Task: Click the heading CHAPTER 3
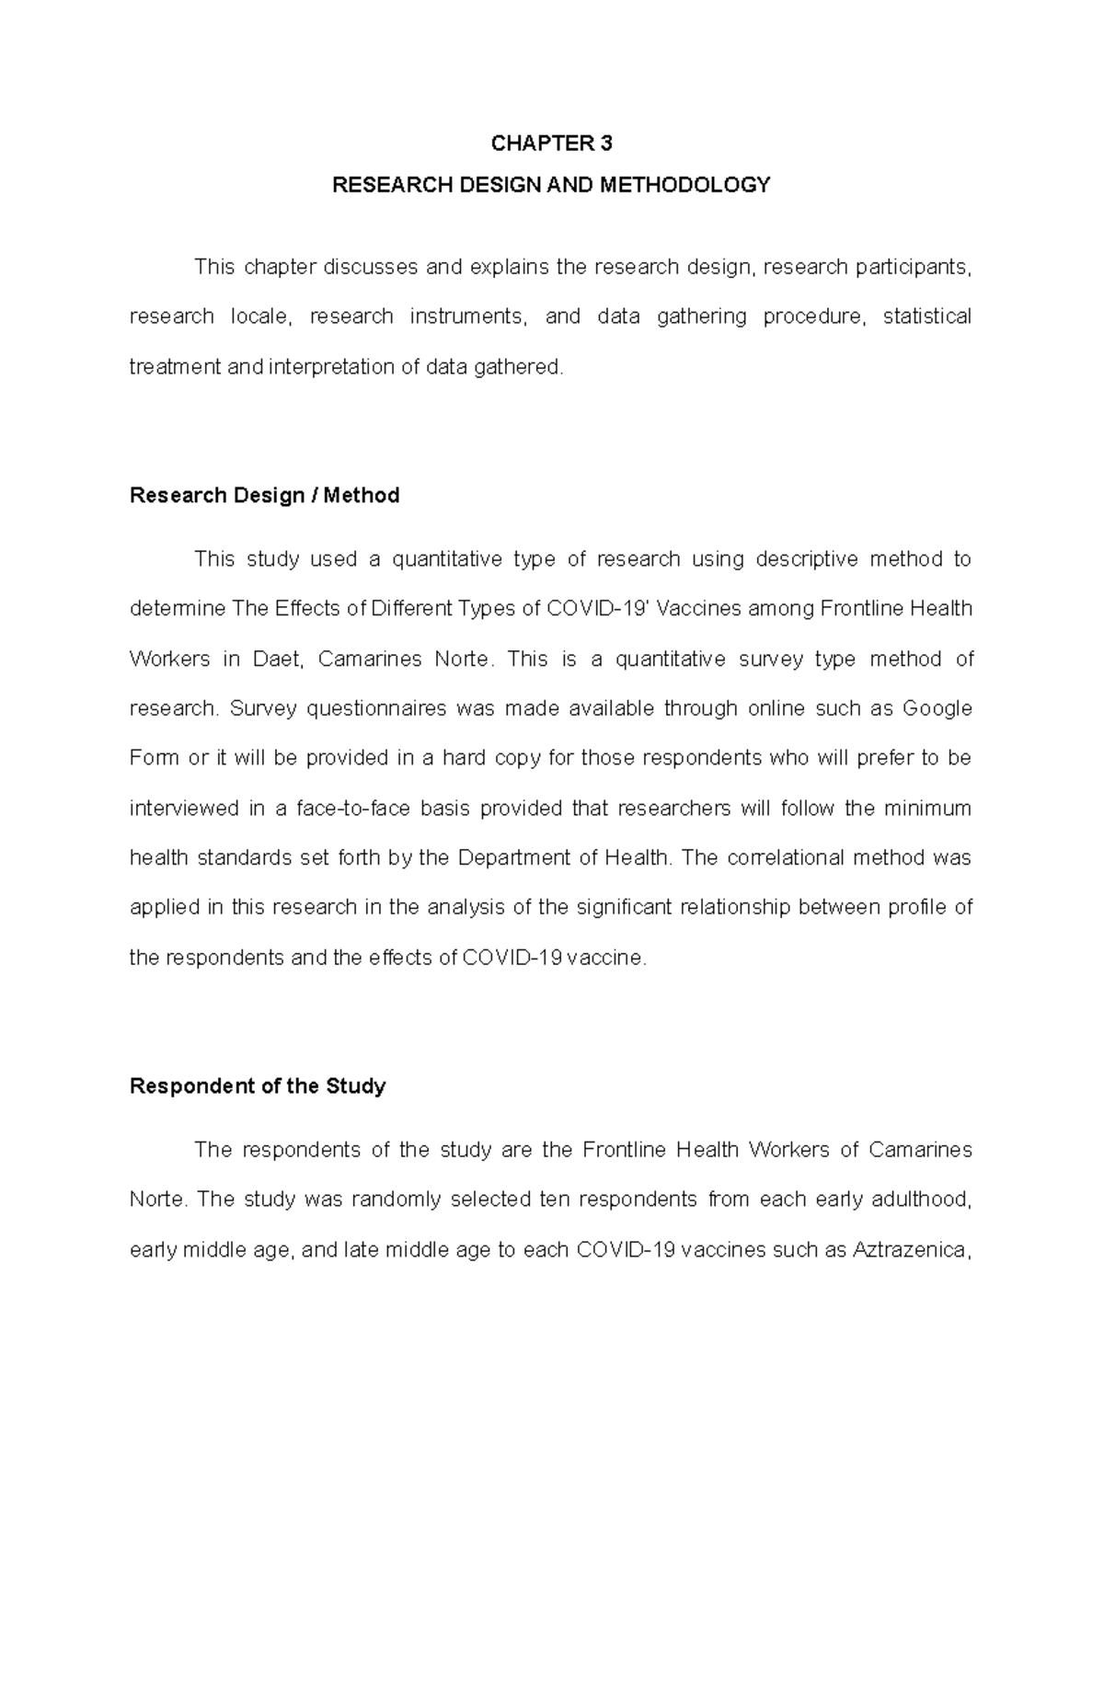point(551,144)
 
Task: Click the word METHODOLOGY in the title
point(684,186)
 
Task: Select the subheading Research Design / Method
point(265,496)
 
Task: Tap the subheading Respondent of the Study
point(258,1086)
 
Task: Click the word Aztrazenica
point(911,1250)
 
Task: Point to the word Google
point(937,708)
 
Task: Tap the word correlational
point(786,858)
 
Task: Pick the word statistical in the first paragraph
point(926,316)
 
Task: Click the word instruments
point(468,316)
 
